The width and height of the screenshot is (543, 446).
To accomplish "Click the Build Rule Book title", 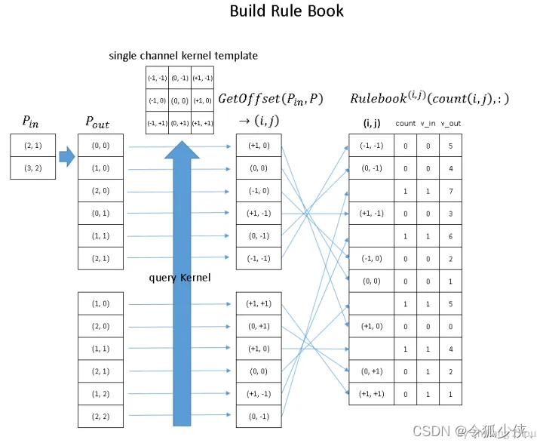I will click(287, 11).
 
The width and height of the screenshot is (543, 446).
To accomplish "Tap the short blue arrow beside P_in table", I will click(67, 157).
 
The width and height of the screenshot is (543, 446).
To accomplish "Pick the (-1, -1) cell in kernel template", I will click(157, 78).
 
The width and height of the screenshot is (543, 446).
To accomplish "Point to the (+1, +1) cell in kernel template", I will click(202, 123).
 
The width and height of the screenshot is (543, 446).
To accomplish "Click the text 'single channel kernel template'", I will click(183, 56).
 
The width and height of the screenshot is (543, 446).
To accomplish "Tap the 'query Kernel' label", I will click(179, 278).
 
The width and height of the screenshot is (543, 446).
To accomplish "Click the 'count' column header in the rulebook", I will click(405, 123).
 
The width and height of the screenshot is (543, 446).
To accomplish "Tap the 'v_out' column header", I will click(450, 123).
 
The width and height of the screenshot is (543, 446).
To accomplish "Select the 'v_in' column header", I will click(428, 123).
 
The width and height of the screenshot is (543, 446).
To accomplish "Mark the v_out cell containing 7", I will click(450, 191).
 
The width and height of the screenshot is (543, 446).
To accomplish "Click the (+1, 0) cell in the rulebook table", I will click(371, 327).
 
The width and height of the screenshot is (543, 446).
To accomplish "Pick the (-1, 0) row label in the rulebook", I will click(371, 259).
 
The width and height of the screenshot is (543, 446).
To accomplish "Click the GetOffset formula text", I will click(270, 99).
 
